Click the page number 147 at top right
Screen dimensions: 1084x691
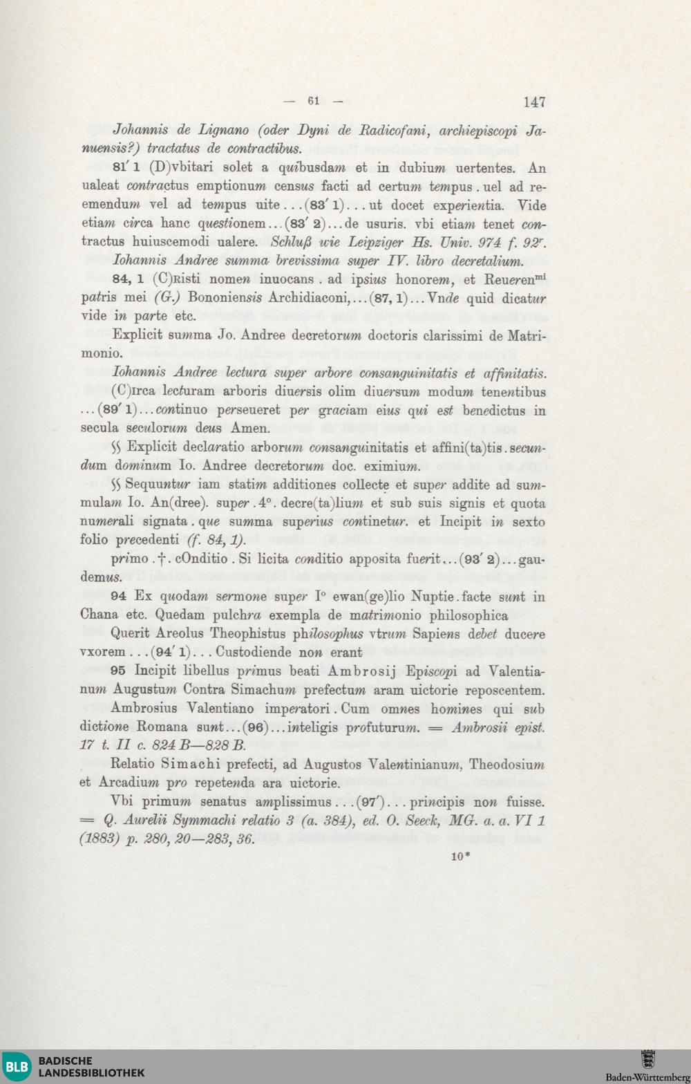pos(534,102)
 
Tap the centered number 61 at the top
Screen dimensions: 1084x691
pos(314,101)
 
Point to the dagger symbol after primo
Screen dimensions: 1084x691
pos(160,559)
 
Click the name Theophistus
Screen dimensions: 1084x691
pos(247,634)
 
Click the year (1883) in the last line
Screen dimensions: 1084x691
pos(100,839)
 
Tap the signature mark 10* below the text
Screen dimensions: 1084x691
pos(461,857)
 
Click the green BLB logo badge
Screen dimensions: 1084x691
pos(17,1067)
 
